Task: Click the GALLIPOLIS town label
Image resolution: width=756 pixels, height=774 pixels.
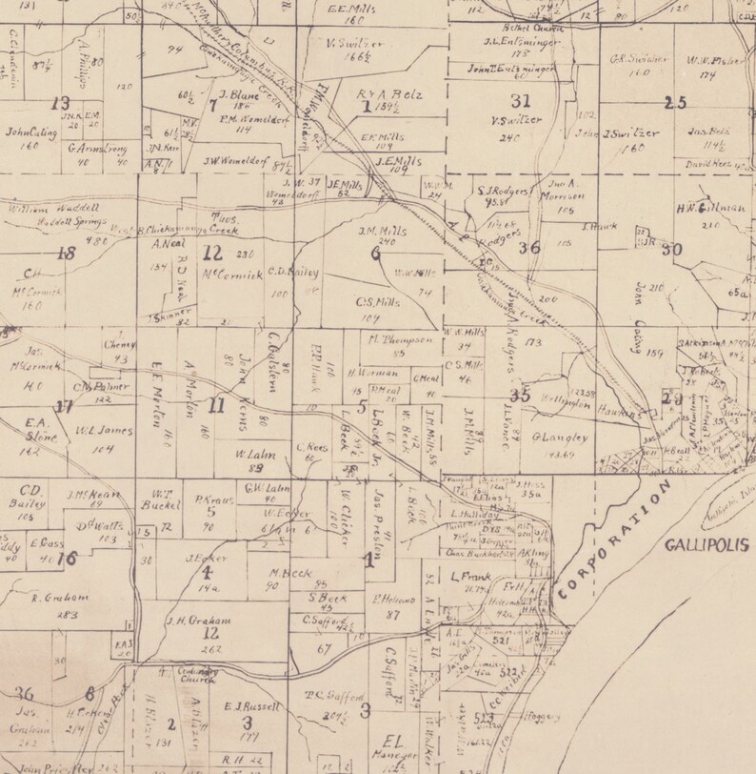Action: (702, 546)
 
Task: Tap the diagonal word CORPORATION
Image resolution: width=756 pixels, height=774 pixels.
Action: (614, 540)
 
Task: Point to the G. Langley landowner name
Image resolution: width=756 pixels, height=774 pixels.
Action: (561, 438)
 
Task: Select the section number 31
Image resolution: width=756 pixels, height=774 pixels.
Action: (521, 101)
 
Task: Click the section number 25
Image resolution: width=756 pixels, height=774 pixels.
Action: (675, 103)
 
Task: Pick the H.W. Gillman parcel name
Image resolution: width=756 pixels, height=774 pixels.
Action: (704, 209)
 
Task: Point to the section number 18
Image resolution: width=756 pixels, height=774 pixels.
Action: (65, 254)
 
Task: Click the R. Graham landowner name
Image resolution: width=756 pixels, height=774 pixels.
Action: (60, 598)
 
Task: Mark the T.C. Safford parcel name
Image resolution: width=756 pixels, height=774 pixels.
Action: (323, 695)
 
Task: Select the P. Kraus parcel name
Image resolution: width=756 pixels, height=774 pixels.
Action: (214, 499)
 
